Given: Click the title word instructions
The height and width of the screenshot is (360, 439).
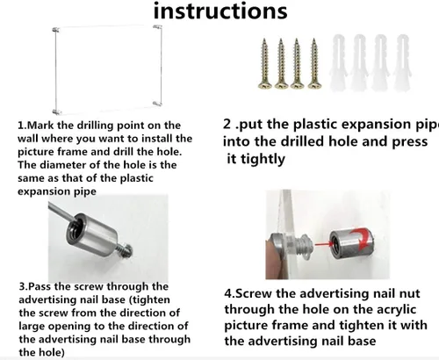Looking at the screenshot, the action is (220, 11).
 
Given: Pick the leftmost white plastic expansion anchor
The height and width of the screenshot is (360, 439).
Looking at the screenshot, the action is (339, 62).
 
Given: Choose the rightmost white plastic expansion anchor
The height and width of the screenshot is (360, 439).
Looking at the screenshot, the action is (402, 62).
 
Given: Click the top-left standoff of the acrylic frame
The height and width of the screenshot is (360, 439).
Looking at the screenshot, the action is (55, 30).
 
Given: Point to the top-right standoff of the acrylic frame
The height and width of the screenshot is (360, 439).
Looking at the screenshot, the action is (157, 27).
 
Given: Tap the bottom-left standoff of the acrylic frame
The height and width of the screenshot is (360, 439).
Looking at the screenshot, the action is (56, 112).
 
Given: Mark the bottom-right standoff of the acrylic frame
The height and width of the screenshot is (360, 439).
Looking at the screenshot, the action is (157, 103).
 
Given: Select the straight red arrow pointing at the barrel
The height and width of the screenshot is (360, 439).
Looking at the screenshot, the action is (322, 243).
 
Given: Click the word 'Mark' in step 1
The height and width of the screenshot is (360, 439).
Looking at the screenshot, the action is (40, 126).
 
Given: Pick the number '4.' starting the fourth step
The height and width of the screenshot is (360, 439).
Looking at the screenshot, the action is (230, 293).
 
